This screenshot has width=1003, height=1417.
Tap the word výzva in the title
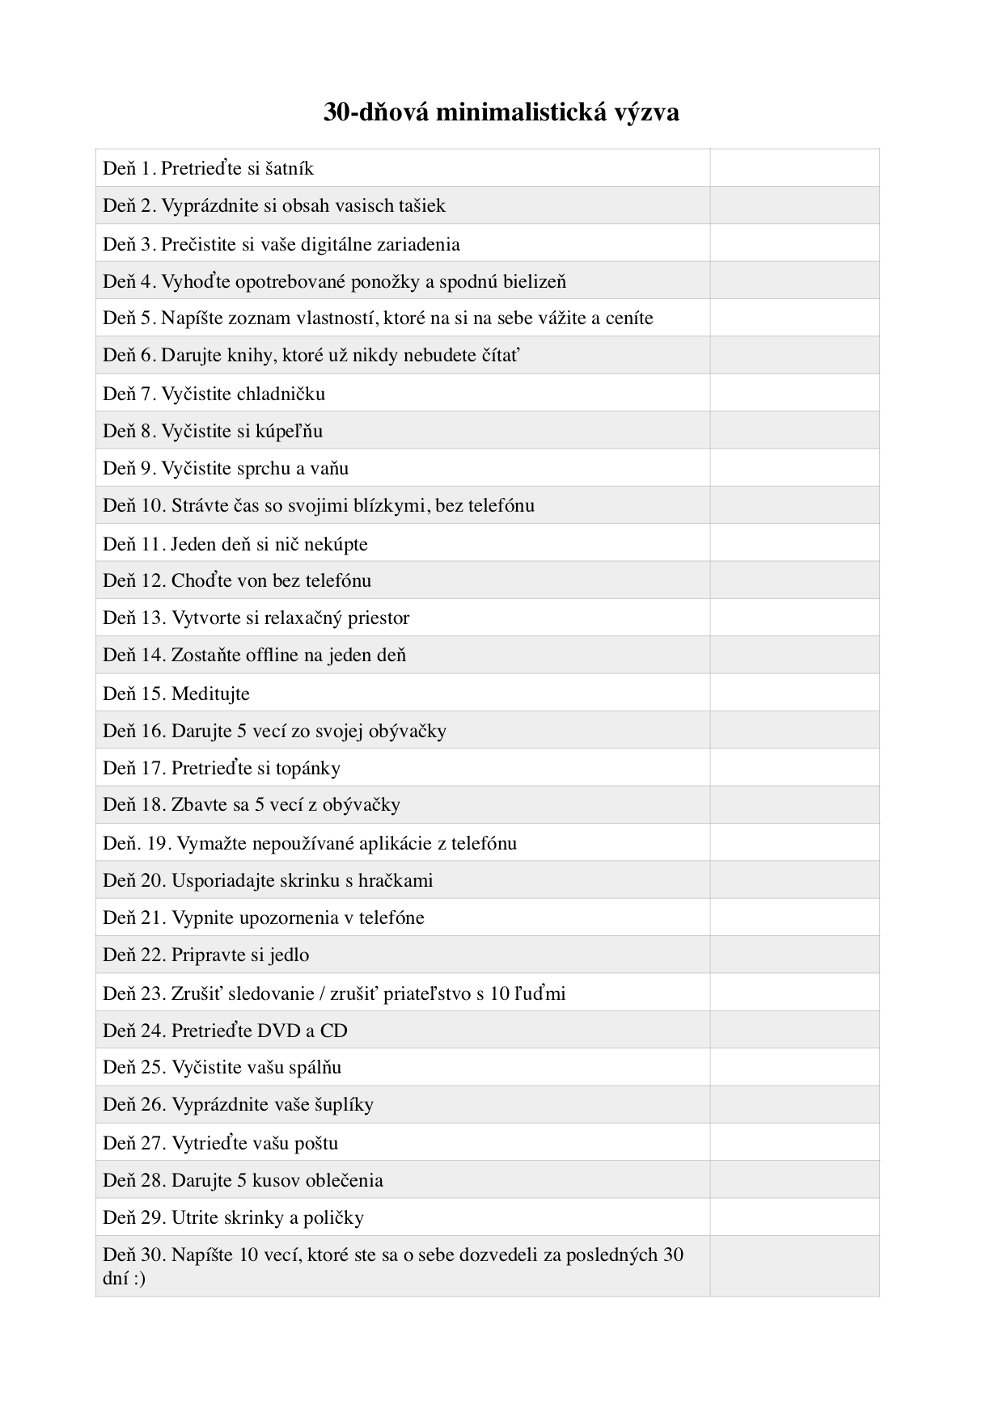(646, 112)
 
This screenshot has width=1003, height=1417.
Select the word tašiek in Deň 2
(421, 206)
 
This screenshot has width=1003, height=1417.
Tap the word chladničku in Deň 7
(281, 394)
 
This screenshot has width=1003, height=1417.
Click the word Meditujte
(210, 694)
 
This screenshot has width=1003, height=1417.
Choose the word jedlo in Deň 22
(290, 955)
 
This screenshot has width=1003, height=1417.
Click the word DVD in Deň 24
(279, 1031)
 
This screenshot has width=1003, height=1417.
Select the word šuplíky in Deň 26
(343, 1105)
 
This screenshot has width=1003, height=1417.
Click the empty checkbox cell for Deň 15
(794, 693)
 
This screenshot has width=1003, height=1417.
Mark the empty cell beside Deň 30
(794, 1266)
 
